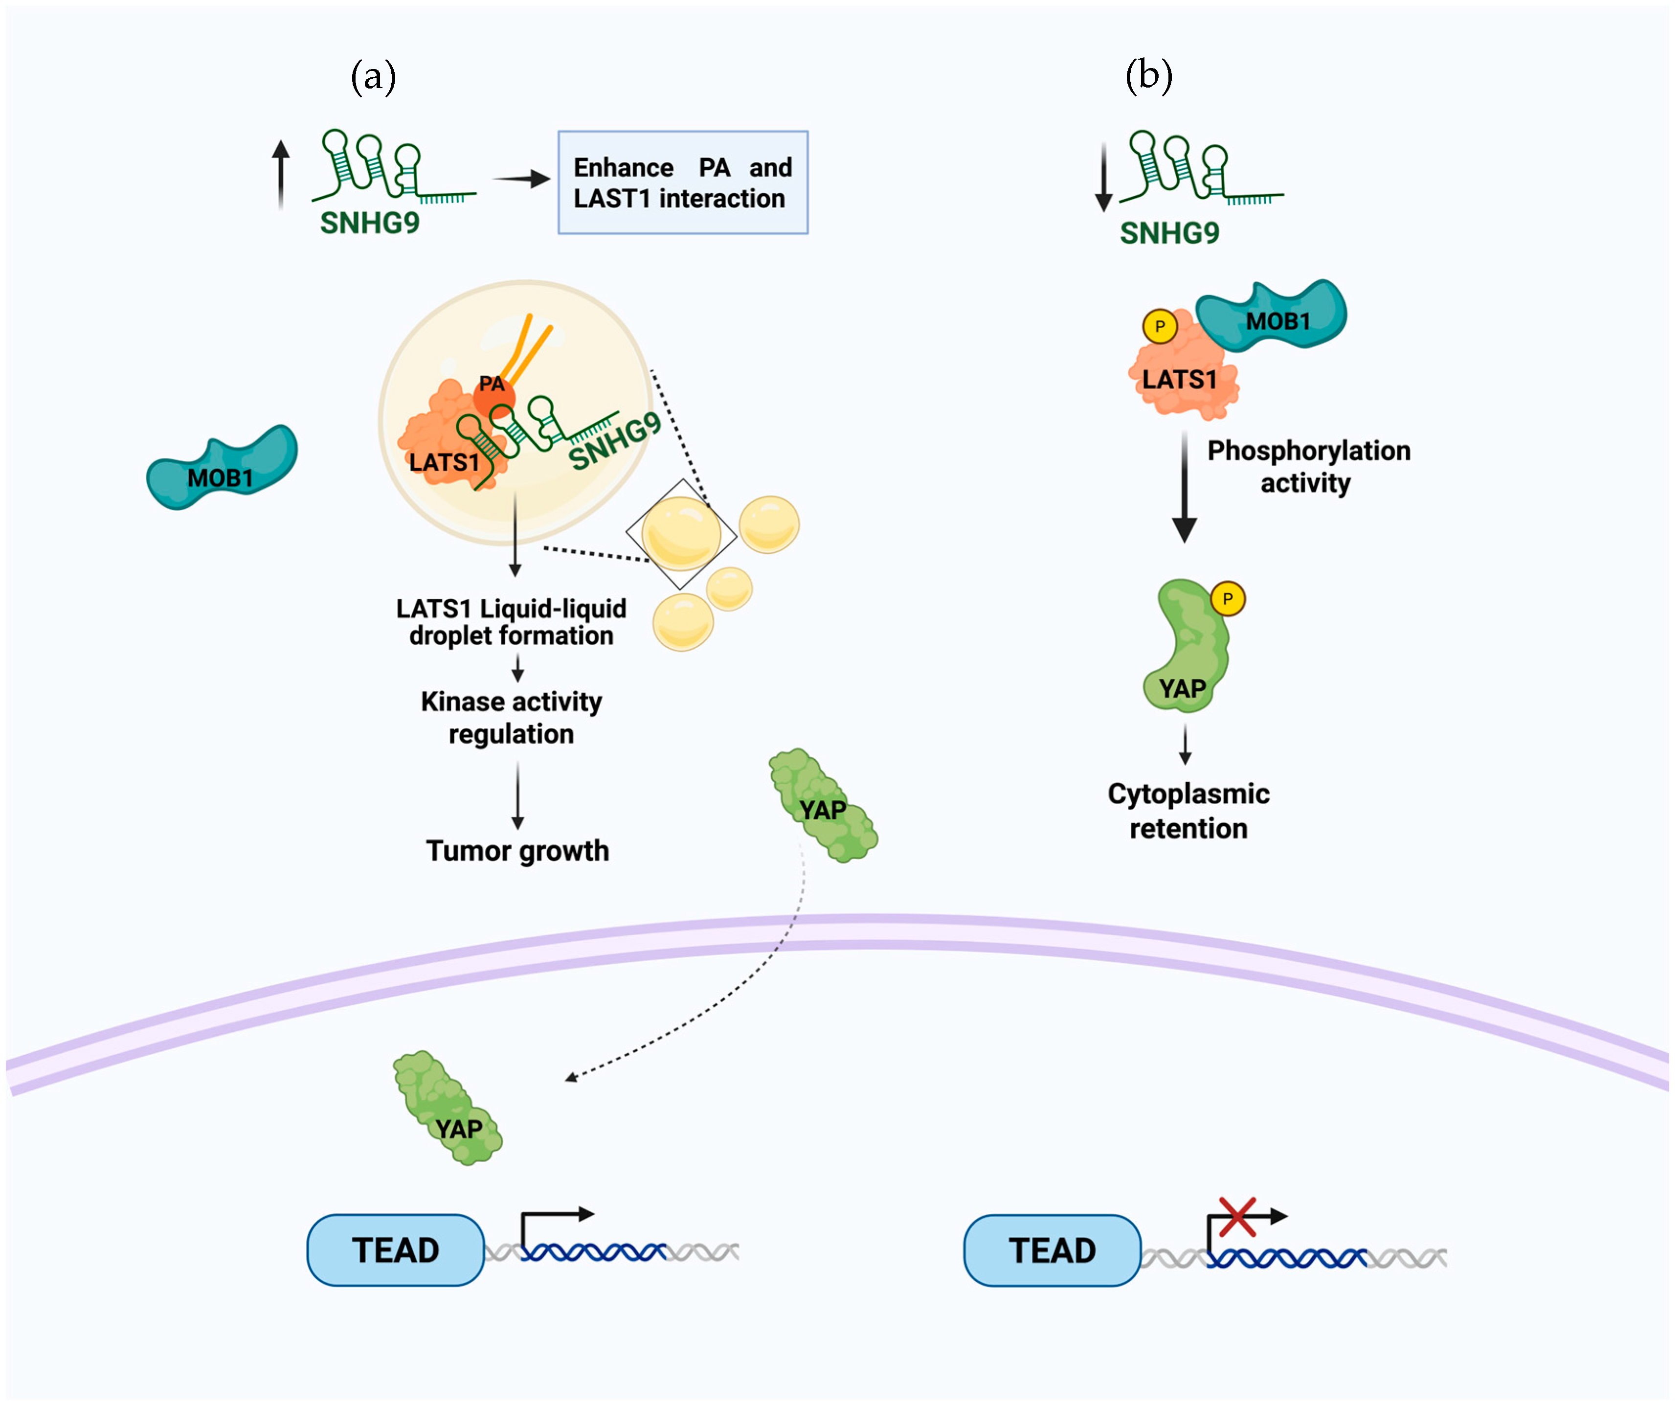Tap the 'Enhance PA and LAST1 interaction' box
[x=682, y=182]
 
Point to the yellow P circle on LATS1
[x=1159, y=326]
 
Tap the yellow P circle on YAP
[x=1228, y=598]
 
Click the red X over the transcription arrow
[x=1237, y=1217]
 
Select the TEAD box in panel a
[x=396, y=1250]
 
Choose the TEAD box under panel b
[x=1052, y=1250]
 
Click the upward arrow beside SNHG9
[x=280, y=175]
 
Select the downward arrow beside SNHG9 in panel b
[x=1104, y=177]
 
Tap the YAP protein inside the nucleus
[x=448, y=1108]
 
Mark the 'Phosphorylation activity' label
[x=1308, y=467]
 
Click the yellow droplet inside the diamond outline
[x=681, y=533]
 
